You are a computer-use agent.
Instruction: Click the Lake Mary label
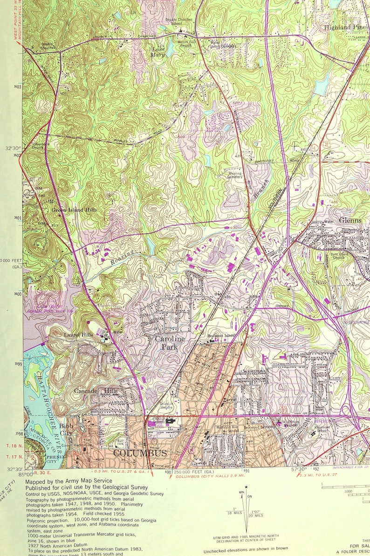pos(158,52)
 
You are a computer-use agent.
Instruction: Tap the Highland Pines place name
pos(345,27)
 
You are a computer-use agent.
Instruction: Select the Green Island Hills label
pos(74,210)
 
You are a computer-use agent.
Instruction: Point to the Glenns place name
pos(350,220)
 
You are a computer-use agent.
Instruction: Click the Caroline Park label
pos(170,343)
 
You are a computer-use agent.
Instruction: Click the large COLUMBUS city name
pos(140,453)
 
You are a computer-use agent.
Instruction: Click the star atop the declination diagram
pos(246,488)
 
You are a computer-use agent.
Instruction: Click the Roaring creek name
pos(122,257)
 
